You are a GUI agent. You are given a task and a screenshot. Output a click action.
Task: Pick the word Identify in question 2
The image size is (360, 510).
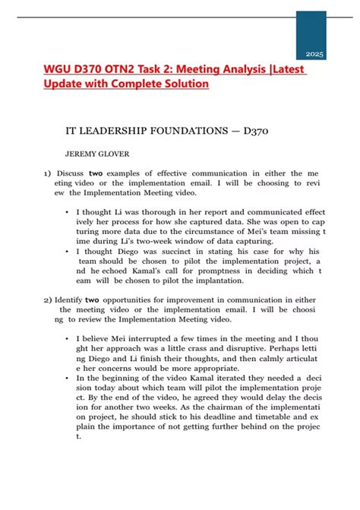pos(71,299)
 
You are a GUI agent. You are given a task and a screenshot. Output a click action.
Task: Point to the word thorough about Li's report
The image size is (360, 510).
pos(153,212)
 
